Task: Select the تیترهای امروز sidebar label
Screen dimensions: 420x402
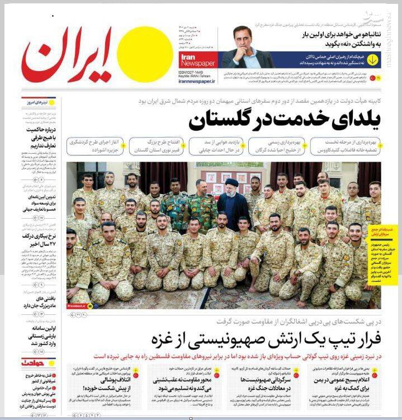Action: click(36, 102)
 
